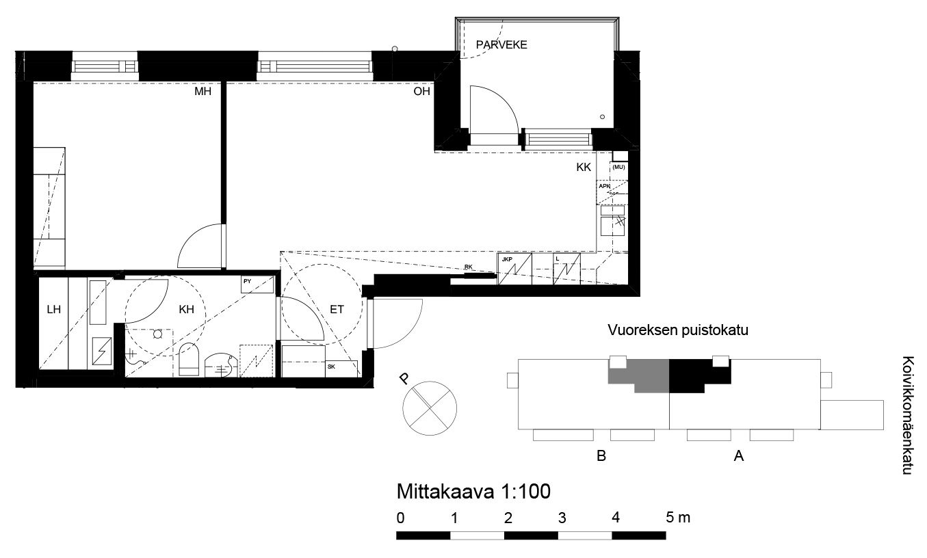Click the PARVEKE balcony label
(501, 44)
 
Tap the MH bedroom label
(203, 92)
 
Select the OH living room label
(421, 92)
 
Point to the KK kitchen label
(584, 167)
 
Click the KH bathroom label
(186, 309)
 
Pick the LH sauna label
(54, 309)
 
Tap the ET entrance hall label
(337, 309)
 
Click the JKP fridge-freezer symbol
(514, 269)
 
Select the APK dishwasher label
(604, 187)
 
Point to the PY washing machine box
(257, 284)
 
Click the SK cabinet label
(331, 367)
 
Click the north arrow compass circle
(430, 408)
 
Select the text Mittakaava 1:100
(473, 492)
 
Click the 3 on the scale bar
(562, 518)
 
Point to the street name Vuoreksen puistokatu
(678, 330)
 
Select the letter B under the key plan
(601, 456)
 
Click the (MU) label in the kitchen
(618, 167)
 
